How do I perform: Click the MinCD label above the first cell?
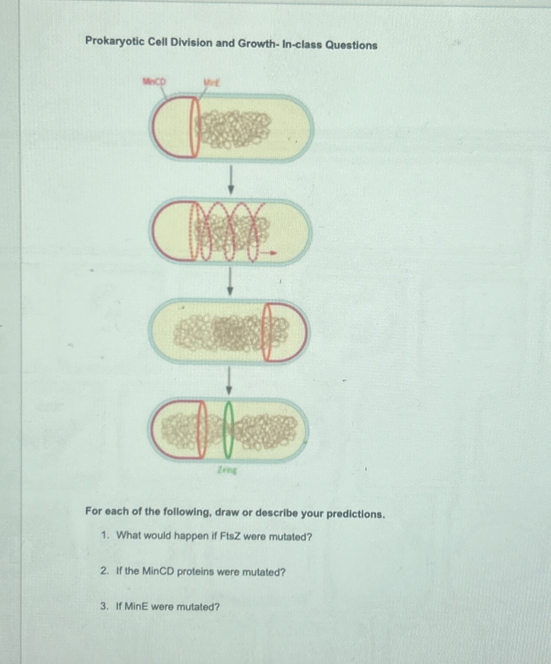click(x=154, y=82)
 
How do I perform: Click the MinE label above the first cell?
click(x=212, y=83)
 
